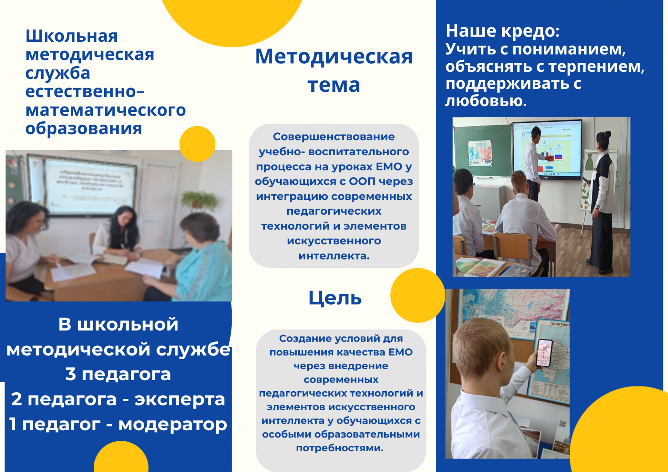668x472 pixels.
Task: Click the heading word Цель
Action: coord(335,298)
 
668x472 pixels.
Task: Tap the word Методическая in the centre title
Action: coord(334,57)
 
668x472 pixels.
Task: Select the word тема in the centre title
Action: coord(334,85)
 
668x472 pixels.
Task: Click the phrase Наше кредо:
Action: coord(502,31)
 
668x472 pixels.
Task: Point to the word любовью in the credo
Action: coord(486,101)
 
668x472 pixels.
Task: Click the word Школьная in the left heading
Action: coord(72,36)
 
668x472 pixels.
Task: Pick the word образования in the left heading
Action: coord(84,128)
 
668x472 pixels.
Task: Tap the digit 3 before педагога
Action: coord(70,374)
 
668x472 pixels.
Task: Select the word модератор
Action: coord(173,424)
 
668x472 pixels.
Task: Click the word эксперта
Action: coord(180,400)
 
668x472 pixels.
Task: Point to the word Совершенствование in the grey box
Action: coord(334,137)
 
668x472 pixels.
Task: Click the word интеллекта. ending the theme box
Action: coord(334,256)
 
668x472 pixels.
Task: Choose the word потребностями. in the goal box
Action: coord(340,448)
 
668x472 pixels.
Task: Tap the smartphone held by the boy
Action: coord(544,353)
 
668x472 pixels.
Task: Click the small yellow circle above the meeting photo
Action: coord(197,144)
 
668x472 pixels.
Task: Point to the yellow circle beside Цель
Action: coord(418,295)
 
